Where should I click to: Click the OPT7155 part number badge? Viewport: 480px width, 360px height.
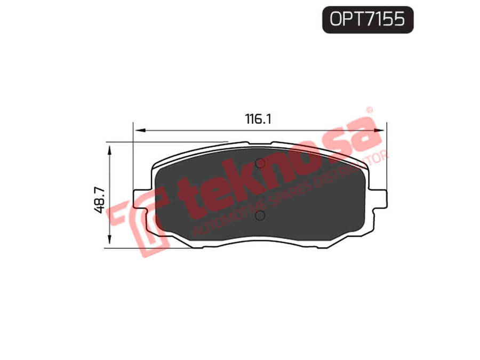[367, 20]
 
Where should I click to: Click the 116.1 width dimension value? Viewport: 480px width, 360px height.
[258, 119]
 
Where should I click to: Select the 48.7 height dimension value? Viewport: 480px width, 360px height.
[100, 201]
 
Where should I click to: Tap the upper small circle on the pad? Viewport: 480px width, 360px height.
[260, 164]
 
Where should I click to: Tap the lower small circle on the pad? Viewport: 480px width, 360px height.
[260, 216]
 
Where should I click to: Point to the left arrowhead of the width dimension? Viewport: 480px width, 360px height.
[139, 131]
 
